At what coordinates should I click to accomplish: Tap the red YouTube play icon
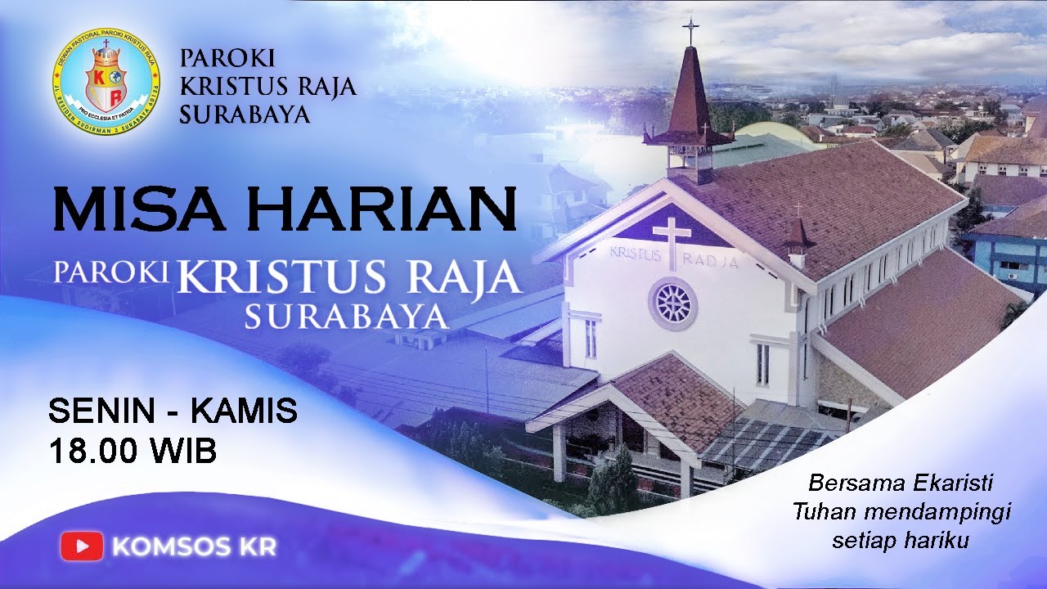click(82, 546)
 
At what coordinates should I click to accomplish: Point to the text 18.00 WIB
click(133, 452)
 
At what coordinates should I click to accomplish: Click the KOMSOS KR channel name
click(195, 546)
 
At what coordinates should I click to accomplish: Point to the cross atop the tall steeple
click(691, 31)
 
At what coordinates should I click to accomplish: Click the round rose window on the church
click(673, 303)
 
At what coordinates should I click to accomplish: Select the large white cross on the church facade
click(672, 240)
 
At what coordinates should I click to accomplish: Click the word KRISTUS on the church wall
click(635, 254)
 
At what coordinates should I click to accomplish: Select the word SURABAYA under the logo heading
click(245, 115)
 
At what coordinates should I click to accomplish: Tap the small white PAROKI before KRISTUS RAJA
click(112, 272)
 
